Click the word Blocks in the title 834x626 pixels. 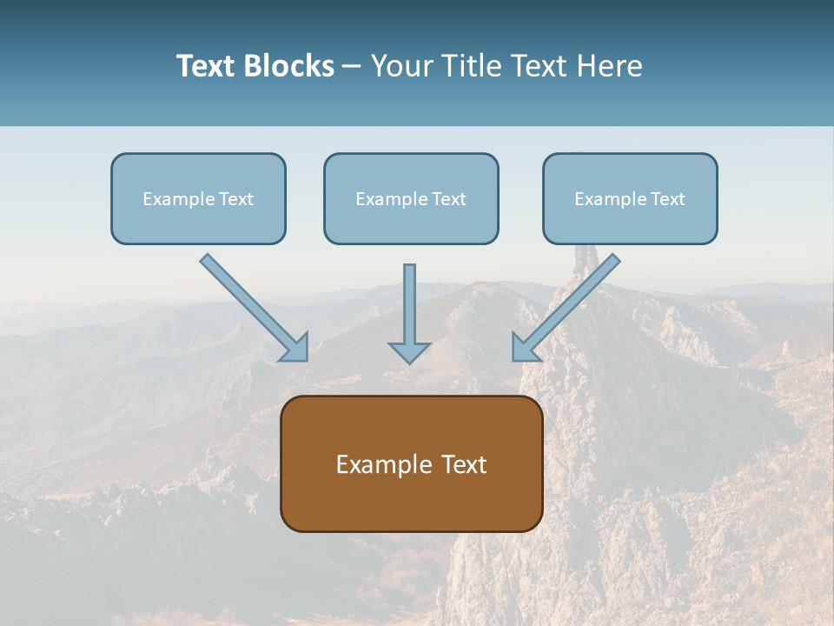[288, 66]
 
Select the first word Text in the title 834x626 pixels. [206, 66]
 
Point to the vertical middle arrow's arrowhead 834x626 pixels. [409, 352]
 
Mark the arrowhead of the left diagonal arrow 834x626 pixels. [296, 350]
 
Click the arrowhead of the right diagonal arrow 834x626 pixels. [524, 350]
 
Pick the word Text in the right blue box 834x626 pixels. [667, 199]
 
